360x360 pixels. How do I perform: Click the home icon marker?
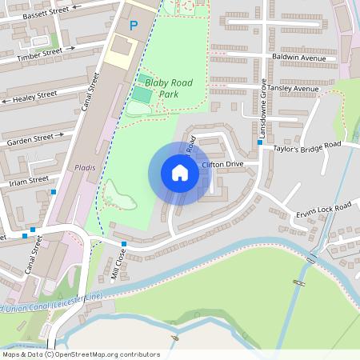pyautogui.click(x=179, y=173)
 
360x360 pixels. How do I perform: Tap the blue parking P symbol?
pyautogui.click(x=134, y=26)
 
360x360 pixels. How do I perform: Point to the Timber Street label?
pyautogui.click(x=40, y=54)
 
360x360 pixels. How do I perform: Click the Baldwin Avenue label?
pyautogui.click(x=300, y=58)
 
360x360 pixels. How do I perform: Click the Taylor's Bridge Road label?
pyautogui.click(x=306, y=146)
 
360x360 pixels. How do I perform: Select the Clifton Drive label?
pyautogui.click(x=222, y=164)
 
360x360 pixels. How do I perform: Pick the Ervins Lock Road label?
pyautogui.click(x=323, y=210)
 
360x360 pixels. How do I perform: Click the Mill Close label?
pyautogui.click(x=118, y=262)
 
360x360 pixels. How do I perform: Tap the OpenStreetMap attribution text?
pyautogui.click(x=81, y=354)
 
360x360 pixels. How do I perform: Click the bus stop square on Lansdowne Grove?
pyautogui.click(x=259, y=143)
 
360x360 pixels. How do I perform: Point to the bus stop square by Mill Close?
pyautogui.click(x=124, y=244)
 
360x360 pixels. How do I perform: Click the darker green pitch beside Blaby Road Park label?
pyautogui.click(x=141, y=94)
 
